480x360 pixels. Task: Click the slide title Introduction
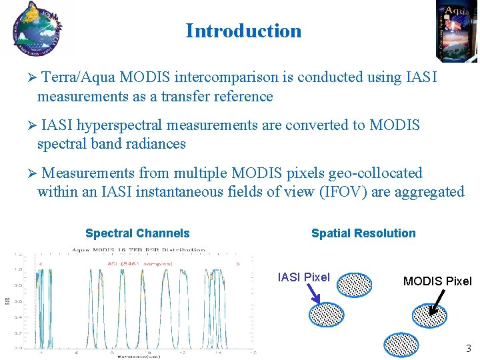(x=243, y=31)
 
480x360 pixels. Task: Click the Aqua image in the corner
(x=457, y=31)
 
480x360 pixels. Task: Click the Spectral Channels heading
(x=137, y=233)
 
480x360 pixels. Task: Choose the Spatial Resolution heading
(x=363, y=233)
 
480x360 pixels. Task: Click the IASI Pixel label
(x=303, y=277)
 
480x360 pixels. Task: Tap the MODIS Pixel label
(x=437, y=281)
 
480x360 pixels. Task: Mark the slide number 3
(x=469, y=348)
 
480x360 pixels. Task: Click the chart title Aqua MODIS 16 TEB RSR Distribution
(x=139, y=251)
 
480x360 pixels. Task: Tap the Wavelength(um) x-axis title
(x=139, y=355)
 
